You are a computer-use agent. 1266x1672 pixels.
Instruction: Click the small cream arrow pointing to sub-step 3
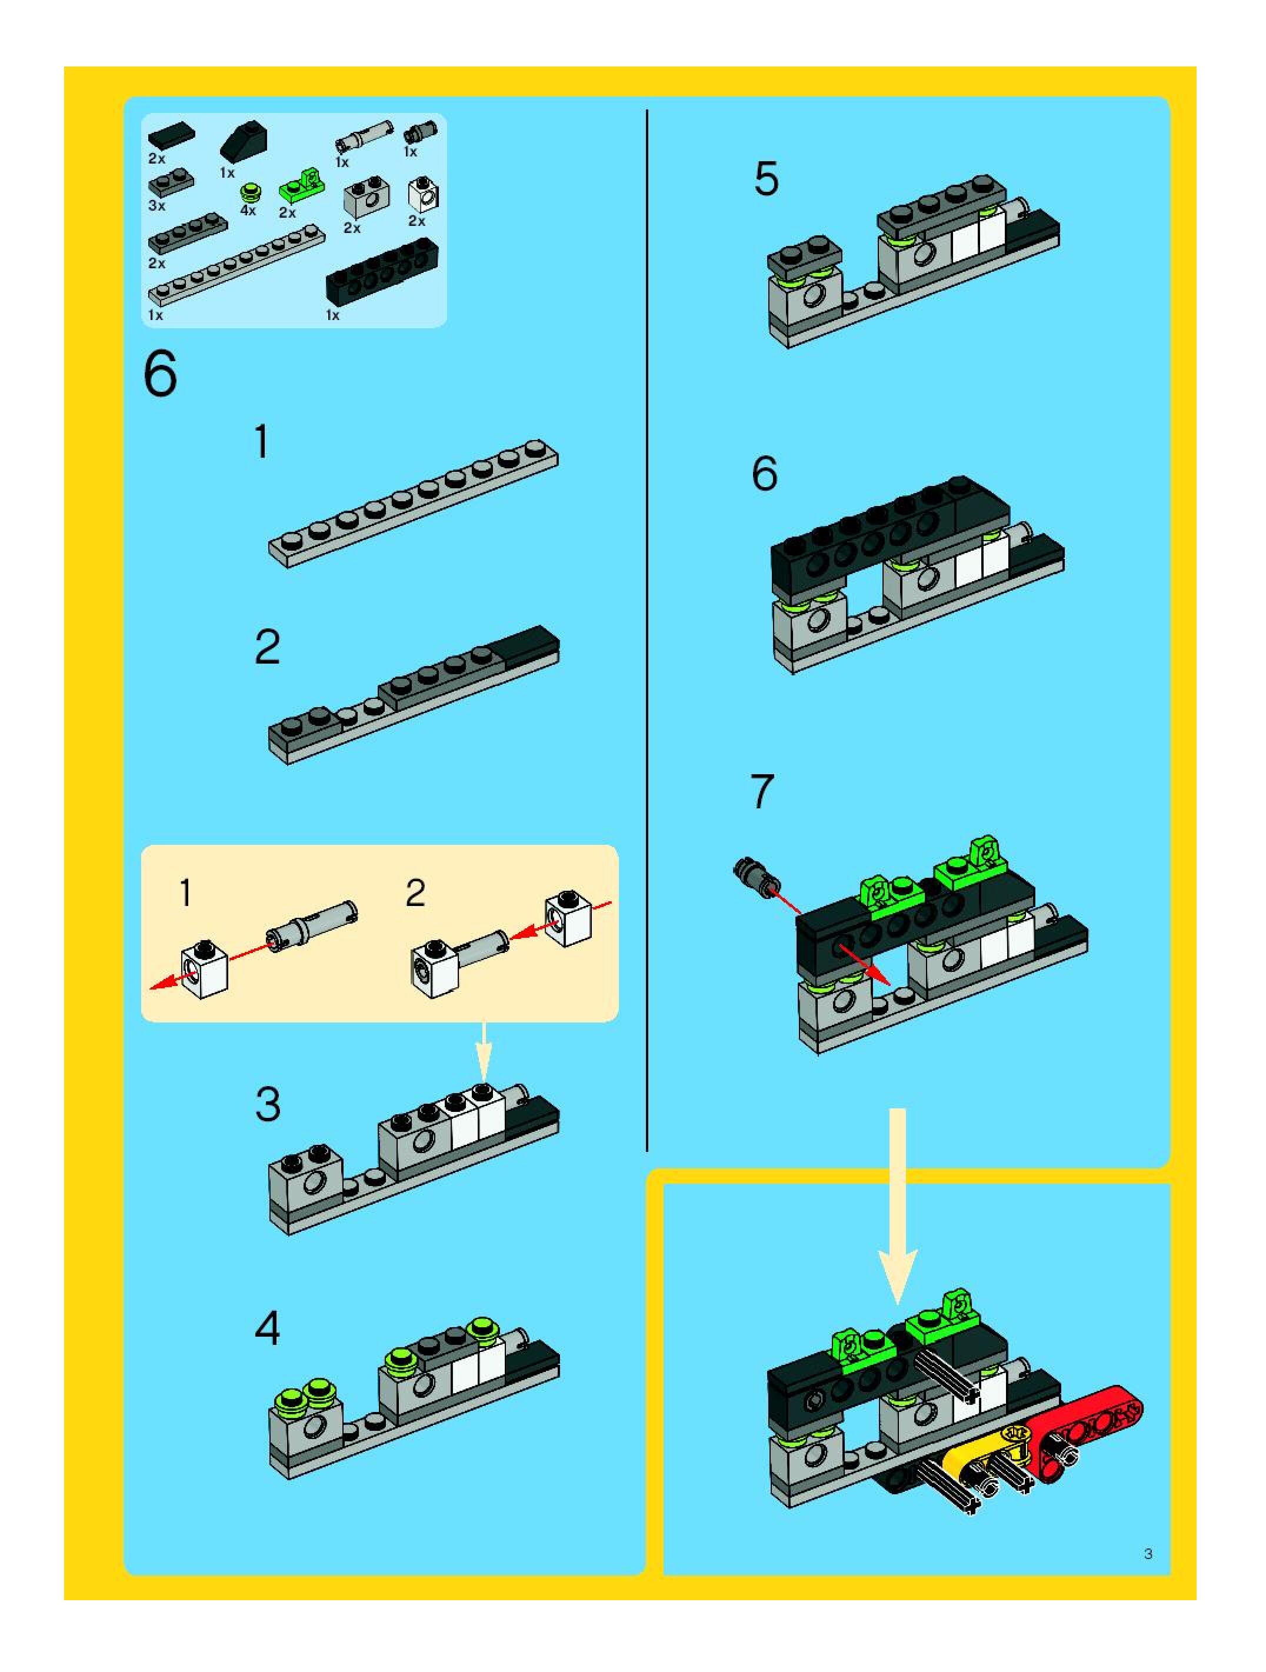coord(484,1049)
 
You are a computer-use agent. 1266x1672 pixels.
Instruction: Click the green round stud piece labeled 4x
coord(249,191)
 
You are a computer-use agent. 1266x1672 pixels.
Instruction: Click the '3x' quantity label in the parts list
coord(156,205)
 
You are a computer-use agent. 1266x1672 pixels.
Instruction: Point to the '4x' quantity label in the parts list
coord(248,211)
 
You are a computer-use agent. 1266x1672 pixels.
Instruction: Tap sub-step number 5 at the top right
coord(765,180)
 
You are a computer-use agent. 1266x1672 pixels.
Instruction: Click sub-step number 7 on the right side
coord(762,791)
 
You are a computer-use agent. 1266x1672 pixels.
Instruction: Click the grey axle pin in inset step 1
coord(313,924)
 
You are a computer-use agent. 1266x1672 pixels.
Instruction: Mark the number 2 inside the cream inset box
coord(415,894)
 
